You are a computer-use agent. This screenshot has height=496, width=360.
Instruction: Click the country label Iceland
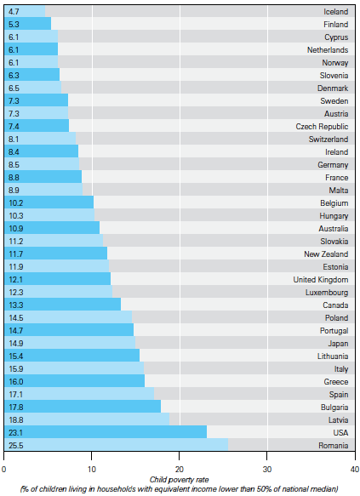[x=335, y=11]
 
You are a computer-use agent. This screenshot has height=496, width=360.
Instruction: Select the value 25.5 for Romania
[x=15, y=445]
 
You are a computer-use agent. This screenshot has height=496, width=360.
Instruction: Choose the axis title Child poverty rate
[x=180, y=479]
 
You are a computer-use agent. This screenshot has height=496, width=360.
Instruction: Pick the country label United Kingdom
[x=321, y=280]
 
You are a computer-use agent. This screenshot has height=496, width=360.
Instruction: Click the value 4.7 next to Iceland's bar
[x=14, y=11]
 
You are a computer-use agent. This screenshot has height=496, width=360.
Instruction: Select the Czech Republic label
[x=323, y=126]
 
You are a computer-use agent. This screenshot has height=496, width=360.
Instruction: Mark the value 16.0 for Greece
[x=15, y=381]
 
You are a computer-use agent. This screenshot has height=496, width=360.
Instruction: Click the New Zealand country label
[x=326, y=254]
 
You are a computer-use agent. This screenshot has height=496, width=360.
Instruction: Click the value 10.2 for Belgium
[x=15, y=202]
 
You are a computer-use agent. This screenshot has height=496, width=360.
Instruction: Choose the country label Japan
[x=337, y=343]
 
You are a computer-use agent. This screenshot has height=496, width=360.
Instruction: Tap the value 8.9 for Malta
[x=14, y=190]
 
